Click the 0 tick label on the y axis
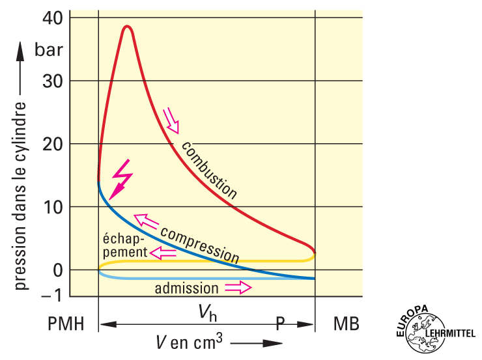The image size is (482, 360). coord(58,270)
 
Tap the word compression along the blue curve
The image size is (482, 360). coord(199,243)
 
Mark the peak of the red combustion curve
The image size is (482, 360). coord(127,27)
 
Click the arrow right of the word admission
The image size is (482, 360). coord(238,287)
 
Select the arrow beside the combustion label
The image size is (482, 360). coord(171,120)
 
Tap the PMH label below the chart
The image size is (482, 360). coord(67,324)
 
